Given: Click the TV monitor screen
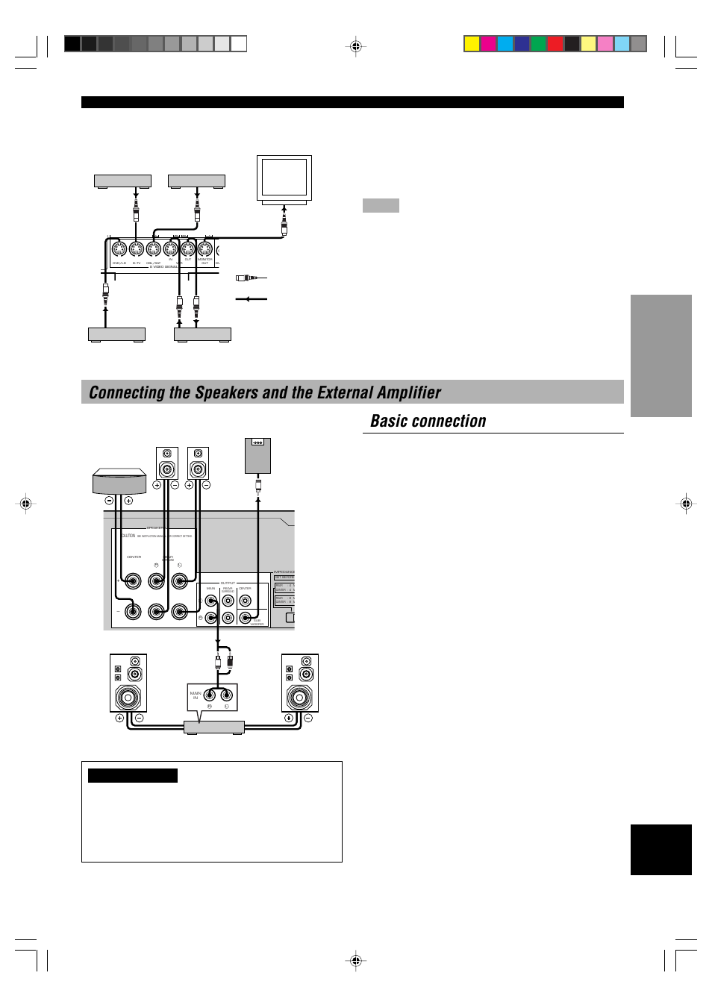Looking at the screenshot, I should (284, 177).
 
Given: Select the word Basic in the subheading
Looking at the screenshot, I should (389, 422).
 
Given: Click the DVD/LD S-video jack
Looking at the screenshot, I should (119, 249).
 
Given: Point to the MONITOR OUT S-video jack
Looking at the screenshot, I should (205, 249).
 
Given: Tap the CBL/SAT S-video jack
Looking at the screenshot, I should (154, 249).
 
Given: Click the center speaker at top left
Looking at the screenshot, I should (119, 481).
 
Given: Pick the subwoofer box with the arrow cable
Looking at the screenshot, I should (257, 456).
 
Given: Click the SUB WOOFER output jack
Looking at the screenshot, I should (245, 618).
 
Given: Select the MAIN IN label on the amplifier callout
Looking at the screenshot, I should (196, 695).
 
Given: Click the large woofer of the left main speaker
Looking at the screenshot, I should (128, 698).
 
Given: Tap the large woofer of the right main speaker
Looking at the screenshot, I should (299, 698).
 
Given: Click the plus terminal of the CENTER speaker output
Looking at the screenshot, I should (133, 581).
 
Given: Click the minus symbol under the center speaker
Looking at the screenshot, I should (109, 501).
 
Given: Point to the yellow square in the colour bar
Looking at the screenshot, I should (472, 43).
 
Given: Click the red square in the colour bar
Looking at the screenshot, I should (555, 43).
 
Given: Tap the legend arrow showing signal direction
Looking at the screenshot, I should (252, 299).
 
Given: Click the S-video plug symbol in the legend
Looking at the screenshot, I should (247, 278).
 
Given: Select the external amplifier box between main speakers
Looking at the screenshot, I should (214, 727).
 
